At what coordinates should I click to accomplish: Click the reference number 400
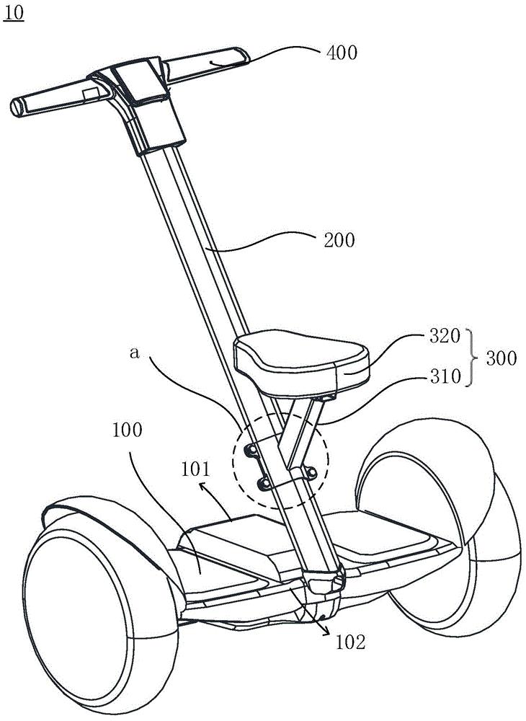(342, 53)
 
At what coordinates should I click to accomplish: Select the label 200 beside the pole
(339, 239)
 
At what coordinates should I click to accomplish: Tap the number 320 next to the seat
(445, 336)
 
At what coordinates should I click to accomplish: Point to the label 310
(445, 376)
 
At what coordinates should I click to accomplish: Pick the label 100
(128, 430)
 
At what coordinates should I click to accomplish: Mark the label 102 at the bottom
(350, 642)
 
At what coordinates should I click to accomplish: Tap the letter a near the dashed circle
(134, 353)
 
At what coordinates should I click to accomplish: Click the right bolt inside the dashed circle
(311, 472)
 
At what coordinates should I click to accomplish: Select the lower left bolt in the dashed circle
(264, 482)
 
